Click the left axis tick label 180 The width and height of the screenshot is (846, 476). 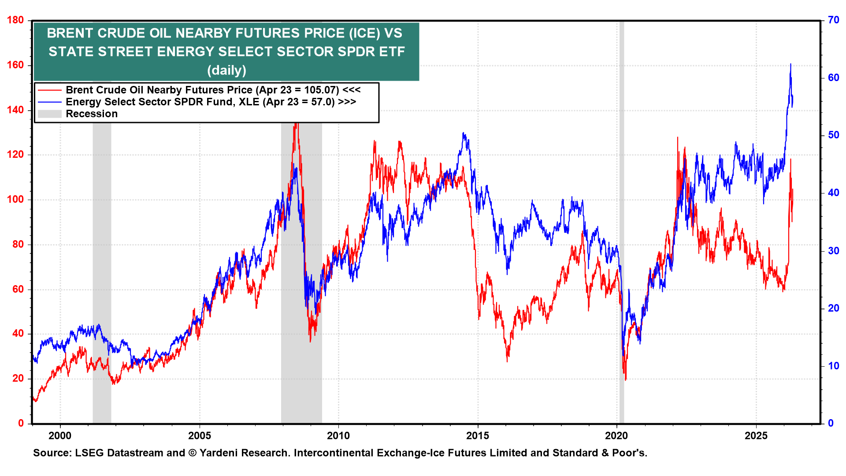click(15, 20)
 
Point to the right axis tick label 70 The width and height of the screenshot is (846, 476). click(833, 20)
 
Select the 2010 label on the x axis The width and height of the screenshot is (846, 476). click(338, 436)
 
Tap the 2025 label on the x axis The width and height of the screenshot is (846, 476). click(756, 436)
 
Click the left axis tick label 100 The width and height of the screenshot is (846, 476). click(15, 199)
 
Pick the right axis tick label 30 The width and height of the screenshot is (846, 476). click(833, 251)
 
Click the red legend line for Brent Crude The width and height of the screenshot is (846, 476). click(50, 90)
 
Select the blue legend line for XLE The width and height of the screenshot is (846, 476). click(50, 102)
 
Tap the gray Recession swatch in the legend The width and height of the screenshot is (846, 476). click(50, 114)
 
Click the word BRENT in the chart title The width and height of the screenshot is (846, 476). click(70, 33)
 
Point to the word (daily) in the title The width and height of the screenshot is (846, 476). click(226, 70)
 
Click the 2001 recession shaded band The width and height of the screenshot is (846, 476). click(102, 264)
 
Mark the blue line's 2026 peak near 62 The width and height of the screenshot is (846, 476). click(790, 64)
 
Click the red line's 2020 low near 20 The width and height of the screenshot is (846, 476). click(625, 379)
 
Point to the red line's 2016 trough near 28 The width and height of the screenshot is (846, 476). click(507, 361)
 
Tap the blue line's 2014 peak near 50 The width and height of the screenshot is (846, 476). click(463, 133)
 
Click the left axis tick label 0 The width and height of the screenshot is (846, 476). click(21, 423)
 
